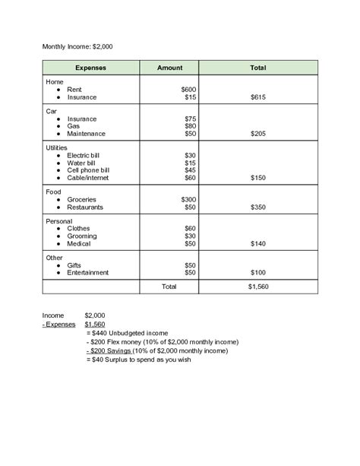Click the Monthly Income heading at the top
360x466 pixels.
(77, 46)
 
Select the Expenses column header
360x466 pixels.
(90, 68)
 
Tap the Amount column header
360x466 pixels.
(169, 68)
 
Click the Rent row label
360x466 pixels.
(74, 90)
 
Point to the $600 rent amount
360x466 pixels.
(188, 90)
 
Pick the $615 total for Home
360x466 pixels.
(257, 97)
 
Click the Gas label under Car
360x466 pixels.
(73, 126)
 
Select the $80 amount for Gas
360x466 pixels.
(190, 126)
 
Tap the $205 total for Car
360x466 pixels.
(257, 134)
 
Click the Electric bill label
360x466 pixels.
(84, 155)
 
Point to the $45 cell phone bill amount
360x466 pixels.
(190, 170)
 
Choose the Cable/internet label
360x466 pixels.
(88, 178)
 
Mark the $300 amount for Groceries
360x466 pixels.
(188, 199)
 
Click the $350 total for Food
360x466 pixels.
(257, 207)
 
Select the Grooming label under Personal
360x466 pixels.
(81, 236)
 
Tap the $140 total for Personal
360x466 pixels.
(257, 243)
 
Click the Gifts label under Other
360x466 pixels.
(74, 265)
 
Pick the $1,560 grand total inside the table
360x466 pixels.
(258, 287)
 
